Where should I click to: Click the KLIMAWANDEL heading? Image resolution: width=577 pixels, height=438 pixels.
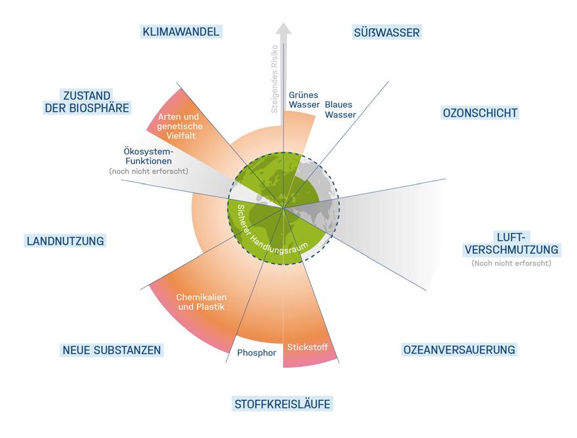[x=181, y=32]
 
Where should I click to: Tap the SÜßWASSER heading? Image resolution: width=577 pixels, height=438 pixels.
[x=387, y=32]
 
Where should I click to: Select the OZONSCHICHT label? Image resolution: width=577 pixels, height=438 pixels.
[x=481, y=113]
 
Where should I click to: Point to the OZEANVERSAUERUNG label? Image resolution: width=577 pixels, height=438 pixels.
[x=459, y=349]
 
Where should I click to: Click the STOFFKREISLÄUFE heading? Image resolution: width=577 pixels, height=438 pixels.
[x=282, y=403]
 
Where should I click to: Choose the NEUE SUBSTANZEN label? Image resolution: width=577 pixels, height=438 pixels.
[x=112, y=350]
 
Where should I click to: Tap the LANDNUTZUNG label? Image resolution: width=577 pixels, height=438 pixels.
[x=66, y=241]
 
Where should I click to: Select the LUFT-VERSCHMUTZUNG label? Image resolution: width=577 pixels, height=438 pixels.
[x=511, y=243]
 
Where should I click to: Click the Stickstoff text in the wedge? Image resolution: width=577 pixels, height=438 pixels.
[x=307, y=347]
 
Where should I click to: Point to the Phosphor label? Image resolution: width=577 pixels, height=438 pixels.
[x=257, y=353]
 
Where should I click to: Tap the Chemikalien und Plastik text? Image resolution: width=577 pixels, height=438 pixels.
[x=201, y=301]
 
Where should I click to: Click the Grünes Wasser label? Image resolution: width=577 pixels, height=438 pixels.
[x=304, y=100]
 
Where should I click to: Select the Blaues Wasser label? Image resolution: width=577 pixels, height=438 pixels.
[x=341, y=110]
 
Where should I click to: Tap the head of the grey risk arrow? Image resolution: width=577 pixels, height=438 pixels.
[x=283, y=30]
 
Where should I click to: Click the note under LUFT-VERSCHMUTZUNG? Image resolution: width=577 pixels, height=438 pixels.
[x=511, y=263]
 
